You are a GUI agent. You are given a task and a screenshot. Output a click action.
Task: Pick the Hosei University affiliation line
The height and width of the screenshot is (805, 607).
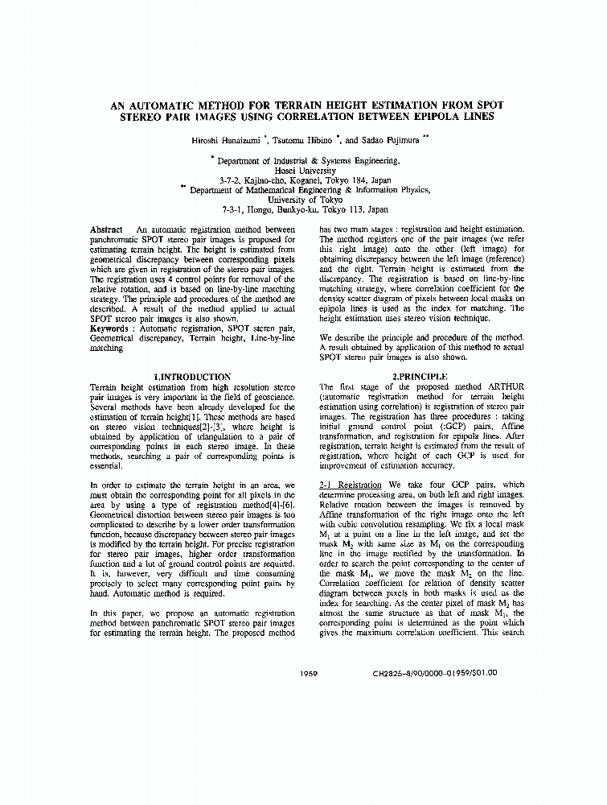point(304,171)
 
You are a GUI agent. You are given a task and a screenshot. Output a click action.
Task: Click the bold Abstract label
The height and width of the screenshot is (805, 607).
point(107,229)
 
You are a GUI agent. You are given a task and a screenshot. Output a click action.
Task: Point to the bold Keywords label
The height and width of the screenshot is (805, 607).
point(113,328)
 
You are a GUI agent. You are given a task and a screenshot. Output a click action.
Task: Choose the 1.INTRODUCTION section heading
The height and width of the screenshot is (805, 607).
point(192,377)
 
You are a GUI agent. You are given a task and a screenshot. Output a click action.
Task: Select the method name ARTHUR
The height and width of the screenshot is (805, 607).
point(507,386)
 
